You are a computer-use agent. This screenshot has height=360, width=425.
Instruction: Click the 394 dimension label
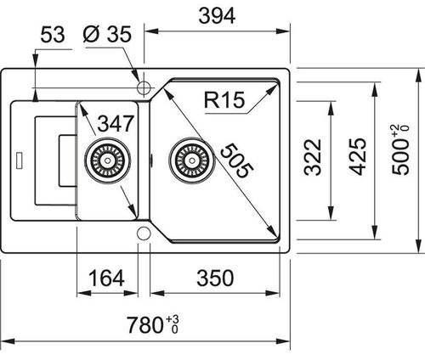[217, 16]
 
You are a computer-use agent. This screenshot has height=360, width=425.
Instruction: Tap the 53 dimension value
[53, 35]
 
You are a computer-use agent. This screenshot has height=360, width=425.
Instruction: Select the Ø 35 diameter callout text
[107, 35]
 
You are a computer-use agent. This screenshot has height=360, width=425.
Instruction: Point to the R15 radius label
[224, 100]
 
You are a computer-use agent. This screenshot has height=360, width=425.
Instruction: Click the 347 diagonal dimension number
[116, 123]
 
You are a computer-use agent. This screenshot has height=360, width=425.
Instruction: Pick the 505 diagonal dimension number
[236, 160]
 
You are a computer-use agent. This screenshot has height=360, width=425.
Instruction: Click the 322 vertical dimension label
[313, 157]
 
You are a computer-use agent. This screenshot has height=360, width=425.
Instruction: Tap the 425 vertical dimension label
[357, 156]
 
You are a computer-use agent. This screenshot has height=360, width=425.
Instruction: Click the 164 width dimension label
[106, 278]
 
